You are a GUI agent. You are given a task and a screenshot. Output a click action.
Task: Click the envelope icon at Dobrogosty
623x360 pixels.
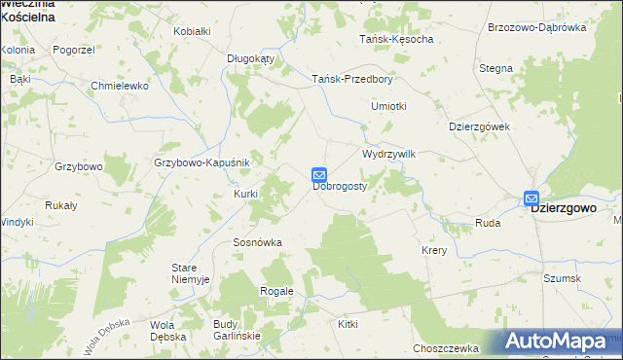pos(319,175)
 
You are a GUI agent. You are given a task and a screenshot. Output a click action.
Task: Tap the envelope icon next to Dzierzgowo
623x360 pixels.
pos(531,198)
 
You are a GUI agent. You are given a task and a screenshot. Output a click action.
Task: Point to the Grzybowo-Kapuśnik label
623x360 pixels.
pos(202,162)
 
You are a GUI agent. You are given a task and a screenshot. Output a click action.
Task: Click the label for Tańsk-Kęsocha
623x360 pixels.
pos(396,39)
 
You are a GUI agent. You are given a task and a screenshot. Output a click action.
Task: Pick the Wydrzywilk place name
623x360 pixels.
pos(389,154)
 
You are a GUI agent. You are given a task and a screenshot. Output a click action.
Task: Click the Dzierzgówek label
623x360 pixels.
pos(480,126)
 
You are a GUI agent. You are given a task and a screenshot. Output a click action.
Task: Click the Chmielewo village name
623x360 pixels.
pos(119,86)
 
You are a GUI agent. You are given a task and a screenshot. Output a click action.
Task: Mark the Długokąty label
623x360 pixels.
pos(251,58)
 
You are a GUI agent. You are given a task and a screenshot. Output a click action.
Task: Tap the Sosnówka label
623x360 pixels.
pos(257,242)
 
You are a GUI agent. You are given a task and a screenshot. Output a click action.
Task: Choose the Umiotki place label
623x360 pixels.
pos(388,106)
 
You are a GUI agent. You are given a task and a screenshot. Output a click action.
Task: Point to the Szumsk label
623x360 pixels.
pos(563,278)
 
